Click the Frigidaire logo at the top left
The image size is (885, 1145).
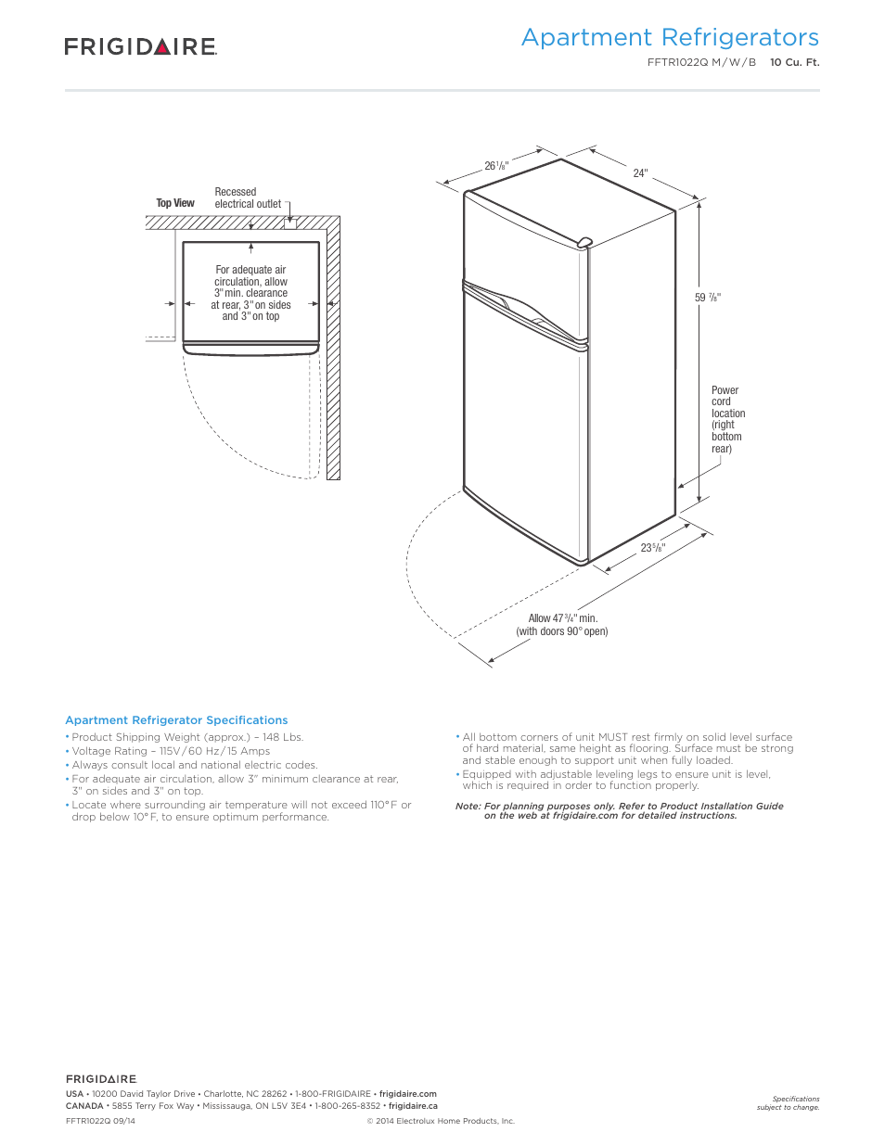coord(140,46)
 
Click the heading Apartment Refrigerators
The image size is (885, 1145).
coord(670,37)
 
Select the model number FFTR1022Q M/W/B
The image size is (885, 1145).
coord(701,62)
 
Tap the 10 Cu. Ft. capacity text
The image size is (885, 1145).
coord(794,62)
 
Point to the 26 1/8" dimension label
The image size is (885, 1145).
coord(496,166)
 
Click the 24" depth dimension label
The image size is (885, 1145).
coord(640,173)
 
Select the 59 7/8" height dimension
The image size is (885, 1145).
coord(708,298)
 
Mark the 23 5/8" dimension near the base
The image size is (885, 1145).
coord(653,548)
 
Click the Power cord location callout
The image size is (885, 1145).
coord(727,419)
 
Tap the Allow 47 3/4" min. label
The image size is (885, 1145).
coord(562,618)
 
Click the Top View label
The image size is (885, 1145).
coord(175,203)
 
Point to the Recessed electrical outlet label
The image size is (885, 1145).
coord(247,197)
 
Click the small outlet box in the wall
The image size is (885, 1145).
coord(290,223)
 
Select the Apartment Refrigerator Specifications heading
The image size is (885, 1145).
coord(176,720)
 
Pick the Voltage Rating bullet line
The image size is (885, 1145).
coord(171,751)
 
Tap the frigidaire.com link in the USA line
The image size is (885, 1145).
coord(407,1094)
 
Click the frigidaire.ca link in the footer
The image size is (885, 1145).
coord(413,1106)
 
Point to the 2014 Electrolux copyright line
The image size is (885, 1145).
coord(441,1121)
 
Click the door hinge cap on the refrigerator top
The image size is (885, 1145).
coord(584,242)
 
